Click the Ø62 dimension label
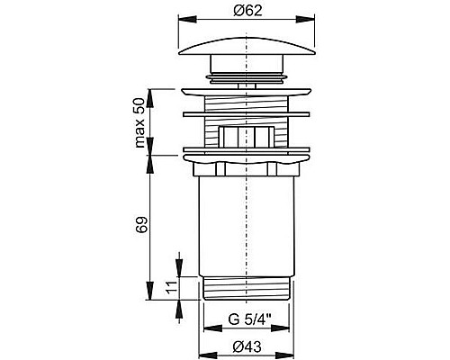247,11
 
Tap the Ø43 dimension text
247,347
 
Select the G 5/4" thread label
249,319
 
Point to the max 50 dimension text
139,122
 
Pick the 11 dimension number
170,287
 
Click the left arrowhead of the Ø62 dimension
188,19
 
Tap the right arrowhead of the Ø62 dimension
305,19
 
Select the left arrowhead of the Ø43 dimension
208,353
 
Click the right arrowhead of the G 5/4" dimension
280,328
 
